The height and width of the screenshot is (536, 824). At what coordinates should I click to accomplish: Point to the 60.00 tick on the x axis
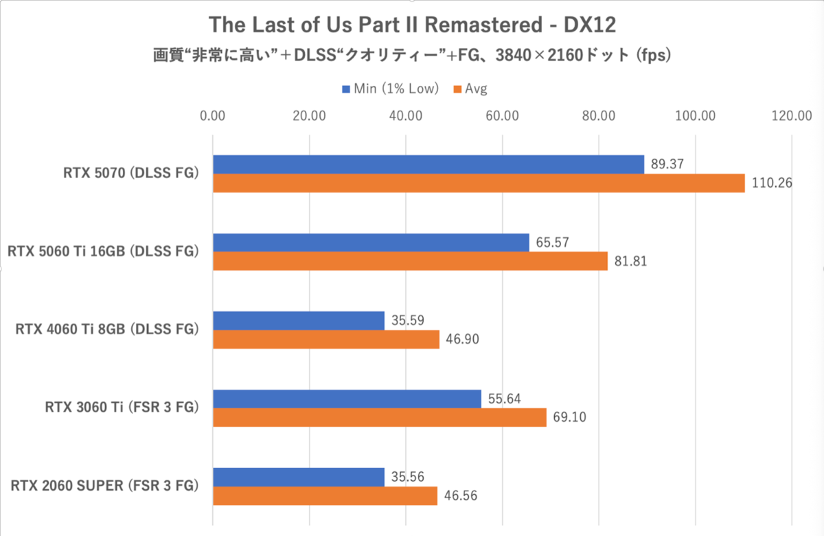(501, 116)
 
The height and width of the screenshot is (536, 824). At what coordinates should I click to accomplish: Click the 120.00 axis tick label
(791, 116)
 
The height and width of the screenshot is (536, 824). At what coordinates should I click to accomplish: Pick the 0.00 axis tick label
(213, 116)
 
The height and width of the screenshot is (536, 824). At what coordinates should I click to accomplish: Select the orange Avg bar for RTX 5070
(479, 183)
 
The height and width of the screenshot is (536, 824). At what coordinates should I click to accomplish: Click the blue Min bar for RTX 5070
(428, 164)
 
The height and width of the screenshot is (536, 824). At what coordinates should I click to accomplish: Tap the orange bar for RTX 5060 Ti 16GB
(410, 261)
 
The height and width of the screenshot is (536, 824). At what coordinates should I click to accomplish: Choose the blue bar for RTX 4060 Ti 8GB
(299, 320)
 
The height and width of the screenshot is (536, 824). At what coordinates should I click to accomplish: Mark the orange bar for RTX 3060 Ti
(380, 417)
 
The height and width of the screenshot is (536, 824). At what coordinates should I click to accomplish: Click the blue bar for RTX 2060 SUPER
(299, 477)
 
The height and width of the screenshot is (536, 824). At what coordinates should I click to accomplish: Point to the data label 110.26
(769, 183)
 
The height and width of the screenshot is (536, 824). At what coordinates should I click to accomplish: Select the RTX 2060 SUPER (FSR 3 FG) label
(105, 486)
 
